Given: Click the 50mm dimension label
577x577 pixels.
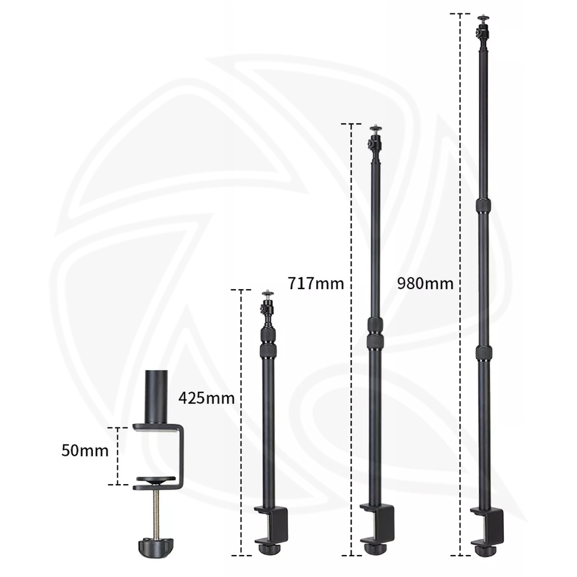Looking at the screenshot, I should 85,451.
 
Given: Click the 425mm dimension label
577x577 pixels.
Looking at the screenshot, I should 206,398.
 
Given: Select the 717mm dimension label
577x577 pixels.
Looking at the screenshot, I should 316,282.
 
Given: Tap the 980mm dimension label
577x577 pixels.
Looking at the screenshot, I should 425,283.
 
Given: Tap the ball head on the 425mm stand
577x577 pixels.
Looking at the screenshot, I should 267,308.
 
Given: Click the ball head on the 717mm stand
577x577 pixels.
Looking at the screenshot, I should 375,141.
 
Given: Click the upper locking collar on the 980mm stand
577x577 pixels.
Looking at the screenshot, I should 483,205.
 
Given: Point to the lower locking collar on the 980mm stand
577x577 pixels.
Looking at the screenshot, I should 483,353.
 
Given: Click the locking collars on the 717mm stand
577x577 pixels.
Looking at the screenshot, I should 375,333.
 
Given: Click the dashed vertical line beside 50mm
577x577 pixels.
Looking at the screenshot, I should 118,456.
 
